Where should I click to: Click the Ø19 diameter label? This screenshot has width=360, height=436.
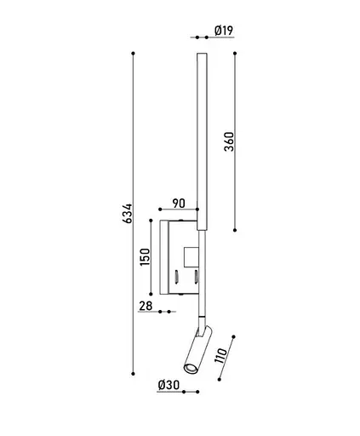tap(224, 31)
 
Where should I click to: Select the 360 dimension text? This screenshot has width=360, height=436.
tap(228, 141)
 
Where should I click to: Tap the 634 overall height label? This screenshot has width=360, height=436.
tap(127, 213)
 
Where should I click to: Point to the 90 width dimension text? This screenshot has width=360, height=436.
tap(179, 203)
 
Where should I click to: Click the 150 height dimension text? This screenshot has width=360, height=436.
tap(145, 256)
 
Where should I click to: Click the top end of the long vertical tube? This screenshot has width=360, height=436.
tap(203, 55)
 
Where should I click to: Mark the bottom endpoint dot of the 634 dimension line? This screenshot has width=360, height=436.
tap(134, 372)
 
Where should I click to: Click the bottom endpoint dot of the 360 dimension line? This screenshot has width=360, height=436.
tap(235, 228)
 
